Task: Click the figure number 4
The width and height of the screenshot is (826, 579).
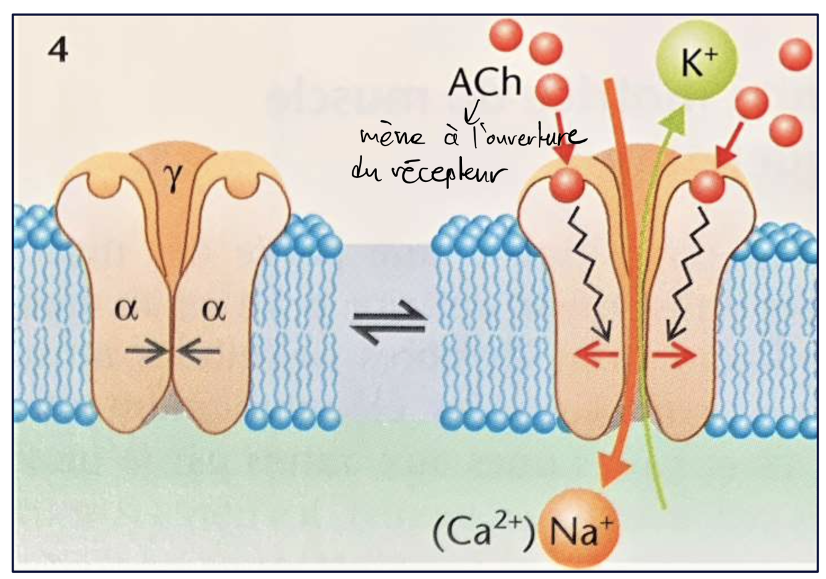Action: (x=58, y=50)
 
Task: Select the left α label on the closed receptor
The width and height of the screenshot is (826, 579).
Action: (x=126, y=310)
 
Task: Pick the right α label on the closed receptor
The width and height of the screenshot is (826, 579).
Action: (x=214, y=310)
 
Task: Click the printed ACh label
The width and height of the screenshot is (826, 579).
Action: (x=485, y=82)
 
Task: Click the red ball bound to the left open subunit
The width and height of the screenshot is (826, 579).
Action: (x=567, y=185)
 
